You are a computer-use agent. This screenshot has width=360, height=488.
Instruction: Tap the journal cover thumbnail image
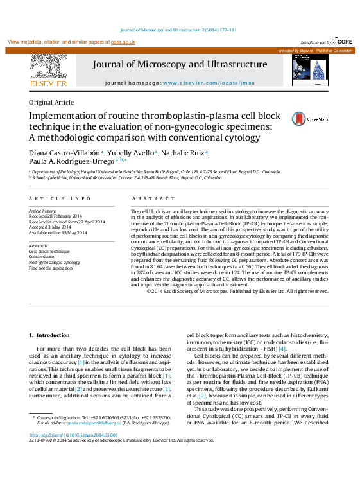click(309, 70)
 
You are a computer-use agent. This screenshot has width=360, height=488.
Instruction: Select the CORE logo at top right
click(343, 41)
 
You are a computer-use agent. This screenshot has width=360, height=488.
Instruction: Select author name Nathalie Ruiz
click(186, 152)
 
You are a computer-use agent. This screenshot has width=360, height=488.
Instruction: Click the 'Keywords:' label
click(39, 246)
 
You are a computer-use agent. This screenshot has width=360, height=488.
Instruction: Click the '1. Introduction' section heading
click(49, 336)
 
